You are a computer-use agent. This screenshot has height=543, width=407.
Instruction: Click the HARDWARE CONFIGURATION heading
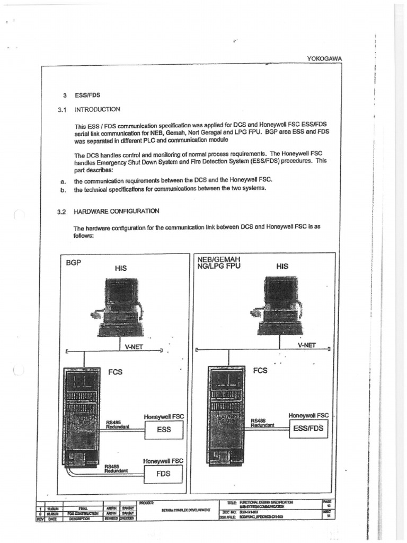pos(117,211)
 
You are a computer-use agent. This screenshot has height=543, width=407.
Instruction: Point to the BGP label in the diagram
pos(74,262)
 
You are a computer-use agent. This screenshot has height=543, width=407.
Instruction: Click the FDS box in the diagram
pos(163,474)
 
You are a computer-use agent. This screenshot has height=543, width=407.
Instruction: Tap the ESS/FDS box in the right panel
pos(308,429)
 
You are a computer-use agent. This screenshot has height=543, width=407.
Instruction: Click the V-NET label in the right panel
pos(306,345)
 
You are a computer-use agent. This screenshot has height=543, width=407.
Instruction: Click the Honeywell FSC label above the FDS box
pos(163,461)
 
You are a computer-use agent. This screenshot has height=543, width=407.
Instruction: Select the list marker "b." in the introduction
pos(63,189)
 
